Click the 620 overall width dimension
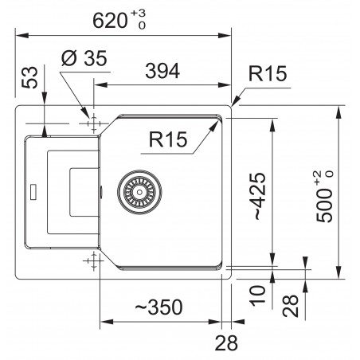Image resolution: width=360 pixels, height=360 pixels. click(110, 21)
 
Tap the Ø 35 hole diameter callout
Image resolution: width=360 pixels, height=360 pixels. click(84, 58)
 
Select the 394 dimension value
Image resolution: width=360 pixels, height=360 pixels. click(162, 71)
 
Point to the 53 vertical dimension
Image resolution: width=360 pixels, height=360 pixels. click(29, 77)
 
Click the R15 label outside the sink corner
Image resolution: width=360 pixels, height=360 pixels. click(268, 73)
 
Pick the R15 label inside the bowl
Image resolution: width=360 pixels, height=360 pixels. click(168, 139)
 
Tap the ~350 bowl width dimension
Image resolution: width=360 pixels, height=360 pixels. click(158, 307)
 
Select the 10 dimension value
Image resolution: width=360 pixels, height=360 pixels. click(257, 295)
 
